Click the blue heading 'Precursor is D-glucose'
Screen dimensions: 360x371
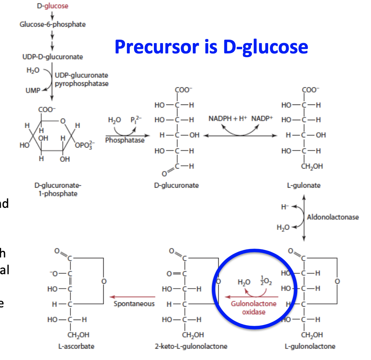point(211,47)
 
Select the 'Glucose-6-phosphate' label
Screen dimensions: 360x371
point(53,24)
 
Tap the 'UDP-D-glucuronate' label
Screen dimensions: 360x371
point(53,57)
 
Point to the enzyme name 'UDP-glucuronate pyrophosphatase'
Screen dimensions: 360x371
point(82,79)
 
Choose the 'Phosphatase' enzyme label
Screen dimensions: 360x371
point(125,140)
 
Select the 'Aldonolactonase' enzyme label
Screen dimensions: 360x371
point(333,217)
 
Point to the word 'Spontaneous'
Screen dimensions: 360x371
point(134,304)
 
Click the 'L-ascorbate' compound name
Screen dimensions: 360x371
point(79,346)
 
